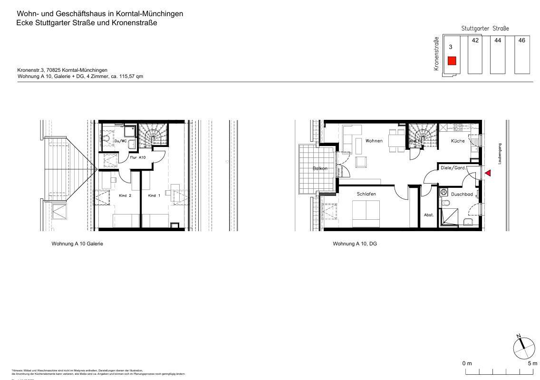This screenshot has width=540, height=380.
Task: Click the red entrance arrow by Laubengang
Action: [487, 175]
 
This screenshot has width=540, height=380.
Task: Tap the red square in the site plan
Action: [452, 60]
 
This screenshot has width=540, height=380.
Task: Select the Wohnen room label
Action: [374, 141]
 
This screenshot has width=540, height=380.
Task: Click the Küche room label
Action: [458, 141]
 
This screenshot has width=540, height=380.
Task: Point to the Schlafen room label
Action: [366, 194]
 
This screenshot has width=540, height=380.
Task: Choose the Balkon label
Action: [320, 169]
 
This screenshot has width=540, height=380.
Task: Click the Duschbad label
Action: [462, 195]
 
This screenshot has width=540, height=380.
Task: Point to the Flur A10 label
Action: [138, 157]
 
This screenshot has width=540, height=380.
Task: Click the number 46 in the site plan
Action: [521, 40]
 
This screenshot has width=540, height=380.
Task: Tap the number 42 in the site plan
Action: [475, 40]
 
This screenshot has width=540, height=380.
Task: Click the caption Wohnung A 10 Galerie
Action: [77, 244]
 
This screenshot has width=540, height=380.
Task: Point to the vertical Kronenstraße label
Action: [435, 54]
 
